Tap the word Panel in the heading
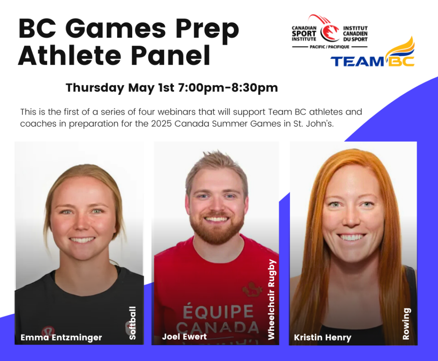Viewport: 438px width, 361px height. (171, 56)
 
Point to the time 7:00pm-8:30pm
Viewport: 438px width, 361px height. (228, 87)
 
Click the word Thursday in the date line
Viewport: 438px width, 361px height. (95, 88)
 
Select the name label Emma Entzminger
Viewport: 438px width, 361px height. (61, 337)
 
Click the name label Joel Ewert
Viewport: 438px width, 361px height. (184, 337)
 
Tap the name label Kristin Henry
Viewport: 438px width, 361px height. (323, 337)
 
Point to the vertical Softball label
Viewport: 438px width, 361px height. (132, 323)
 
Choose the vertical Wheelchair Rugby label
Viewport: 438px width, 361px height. (272, 299)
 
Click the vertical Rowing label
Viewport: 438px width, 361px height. (406, 324)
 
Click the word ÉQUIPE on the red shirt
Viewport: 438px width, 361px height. (218, 311)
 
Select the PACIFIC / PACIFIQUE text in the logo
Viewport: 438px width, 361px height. (329, 47)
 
